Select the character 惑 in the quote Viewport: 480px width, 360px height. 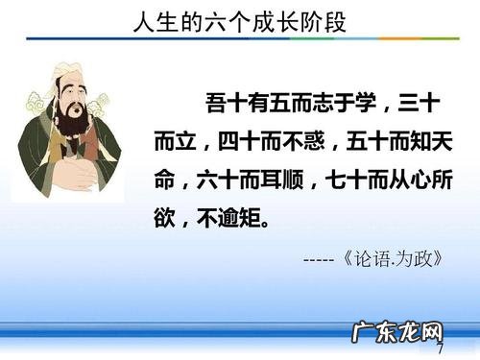point(315,141)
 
